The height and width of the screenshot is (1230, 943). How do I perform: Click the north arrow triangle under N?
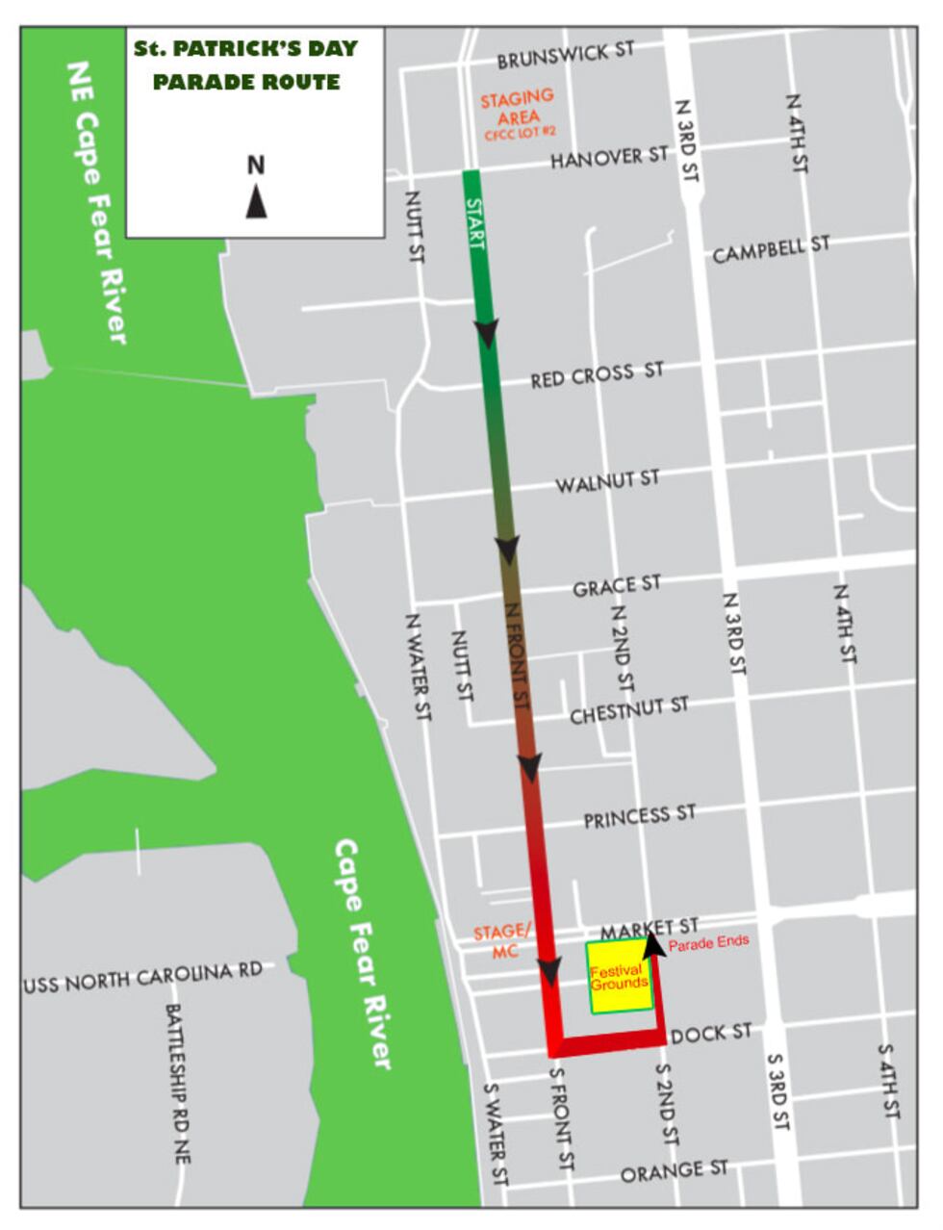coord(256,202)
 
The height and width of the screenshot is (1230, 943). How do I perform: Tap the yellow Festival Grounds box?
coord(620,978)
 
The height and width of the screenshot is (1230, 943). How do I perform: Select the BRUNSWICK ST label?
coord(566,56)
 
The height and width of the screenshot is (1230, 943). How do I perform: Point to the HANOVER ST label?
coord(609,156)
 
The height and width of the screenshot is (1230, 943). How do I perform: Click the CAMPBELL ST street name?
coord(770,249)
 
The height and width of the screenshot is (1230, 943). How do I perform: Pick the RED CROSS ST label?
coord(597,374)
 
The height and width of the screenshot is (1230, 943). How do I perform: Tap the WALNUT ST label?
coord(607,480)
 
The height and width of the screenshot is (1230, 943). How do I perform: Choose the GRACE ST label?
coord(617,585)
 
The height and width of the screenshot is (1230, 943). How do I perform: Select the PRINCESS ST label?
coord(639,817)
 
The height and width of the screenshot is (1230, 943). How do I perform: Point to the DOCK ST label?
coord(711,1034)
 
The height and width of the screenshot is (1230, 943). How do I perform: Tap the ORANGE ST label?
coord(674,1171)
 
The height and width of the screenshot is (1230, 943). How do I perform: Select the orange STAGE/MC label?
coord(501,940)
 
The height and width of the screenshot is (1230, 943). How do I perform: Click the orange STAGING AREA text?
coord(518,107)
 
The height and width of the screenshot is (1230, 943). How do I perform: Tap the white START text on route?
coord(475,222)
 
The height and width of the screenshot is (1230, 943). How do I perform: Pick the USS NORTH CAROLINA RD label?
coord(143,978)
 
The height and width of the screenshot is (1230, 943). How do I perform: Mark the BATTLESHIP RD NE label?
coord(178,1084)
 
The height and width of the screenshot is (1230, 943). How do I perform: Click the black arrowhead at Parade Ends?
coord(654,943)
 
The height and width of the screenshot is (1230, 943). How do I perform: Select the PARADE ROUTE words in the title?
coord(246,82)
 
